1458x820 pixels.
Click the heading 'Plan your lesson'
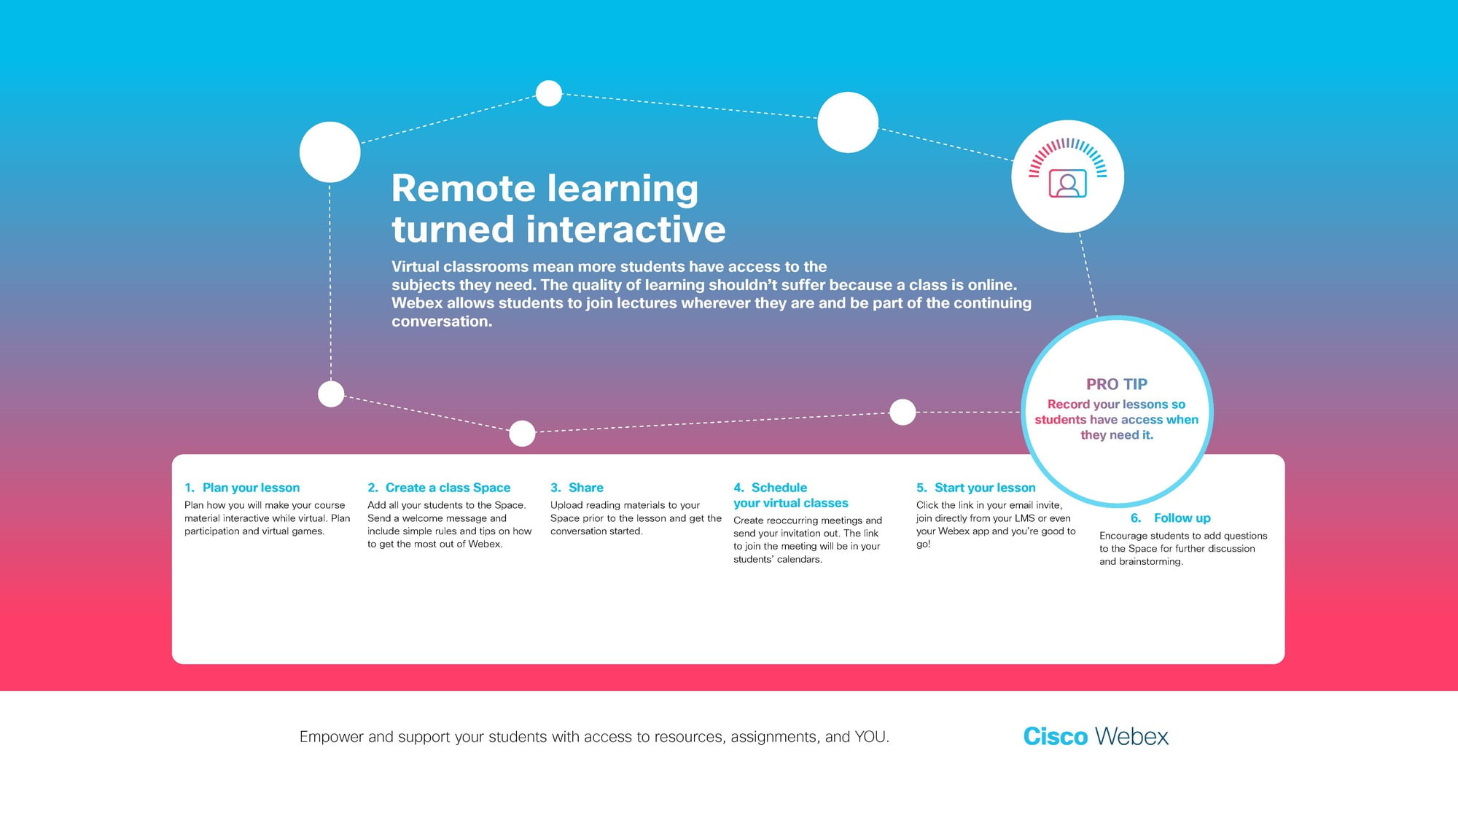[251, 488]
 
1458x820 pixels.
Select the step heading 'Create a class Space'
[448, 488]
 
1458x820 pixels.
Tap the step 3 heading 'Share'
[586, 488]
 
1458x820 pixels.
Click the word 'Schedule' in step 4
[779, 488]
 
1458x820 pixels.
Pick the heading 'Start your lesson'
[985, 488]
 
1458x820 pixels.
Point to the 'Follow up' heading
[1182, 518]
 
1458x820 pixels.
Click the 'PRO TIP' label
[1117, 384]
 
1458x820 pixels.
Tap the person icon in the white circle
[1068, 184]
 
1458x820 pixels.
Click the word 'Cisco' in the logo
[1056, 736]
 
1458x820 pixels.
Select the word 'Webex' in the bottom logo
[1132, 736]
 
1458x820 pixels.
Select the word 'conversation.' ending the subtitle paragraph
[442, 321]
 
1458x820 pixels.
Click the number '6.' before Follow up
[1136, 518]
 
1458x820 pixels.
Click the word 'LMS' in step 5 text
[1025, 518]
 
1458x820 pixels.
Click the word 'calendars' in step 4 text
[799, 560]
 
